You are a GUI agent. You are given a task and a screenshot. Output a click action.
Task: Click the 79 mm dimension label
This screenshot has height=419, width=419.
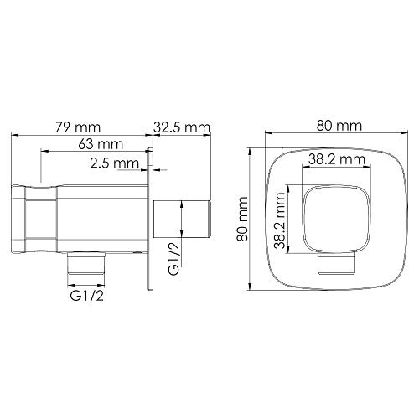pos(77,127)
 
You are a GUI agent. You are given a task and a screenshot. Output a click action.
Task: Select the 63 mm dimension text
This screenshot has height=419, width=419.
pos(101,144)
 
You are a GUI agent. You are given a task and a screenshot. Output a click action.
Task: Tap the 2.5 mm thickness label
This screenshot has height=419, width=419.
pos(115,163)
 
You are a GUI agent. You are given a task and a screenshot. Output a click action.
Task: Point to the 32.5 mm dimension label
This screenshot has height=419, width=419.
pos(182,127)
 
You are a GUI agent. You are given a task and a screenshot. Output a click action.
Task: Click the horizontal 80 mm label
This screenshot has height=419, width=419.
pos(339,126)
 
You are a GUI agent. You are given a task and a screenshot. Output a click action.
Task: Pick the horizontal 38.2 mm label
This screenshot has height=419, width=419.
pos(337,159)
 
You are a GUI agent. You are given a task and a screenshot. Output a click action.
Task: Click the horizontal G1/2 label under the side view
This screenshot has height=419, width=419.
pos(87,296)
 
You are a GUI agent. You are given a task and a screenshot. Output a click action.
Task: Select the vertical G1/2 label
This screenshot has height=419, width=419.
pos(173,259)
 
